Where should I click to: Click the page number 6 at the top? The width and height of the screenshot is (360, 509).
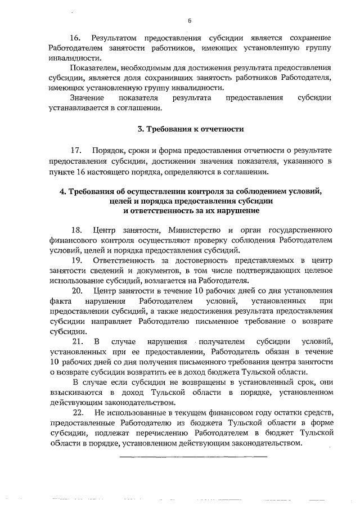pyautogui.click(x=190, y=21)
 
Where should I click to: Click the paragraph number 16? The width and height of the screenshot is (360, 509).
pyautogui.click(x=75, y=38)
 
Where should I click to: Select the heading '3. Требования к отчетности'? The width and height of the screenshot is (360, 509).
pyautogui.click(x=191, y=129)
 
